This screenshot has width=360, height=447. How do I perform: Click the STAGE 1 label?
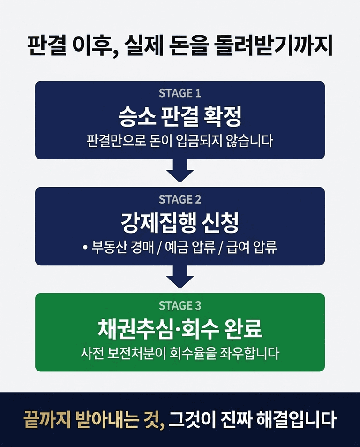click(180, 93)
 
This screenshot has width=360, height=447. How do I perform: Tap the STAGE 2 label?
click(180, 199)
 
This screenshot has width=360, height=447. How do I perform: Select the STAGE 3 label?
click(180, 306)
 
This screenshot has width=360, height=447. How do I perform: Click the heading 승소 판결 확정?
click(180, 117)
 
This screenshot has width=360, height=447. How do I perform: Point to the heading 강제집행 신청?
click(180, 223)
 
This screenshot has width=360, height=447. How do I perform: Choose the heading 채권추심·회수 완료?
click(180, 329)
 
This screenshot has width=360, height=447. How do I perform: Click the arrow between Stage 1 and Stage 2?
click(180, 171)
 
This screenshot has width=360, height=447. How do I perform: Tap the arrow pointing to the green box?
click(180, 278)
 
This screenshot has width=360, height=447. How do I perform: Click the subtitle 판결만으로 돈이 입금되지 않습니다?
click(180, 141)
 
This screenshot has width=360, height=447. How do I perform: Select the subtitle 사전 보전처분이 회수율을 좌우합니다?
click(180, 353)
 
